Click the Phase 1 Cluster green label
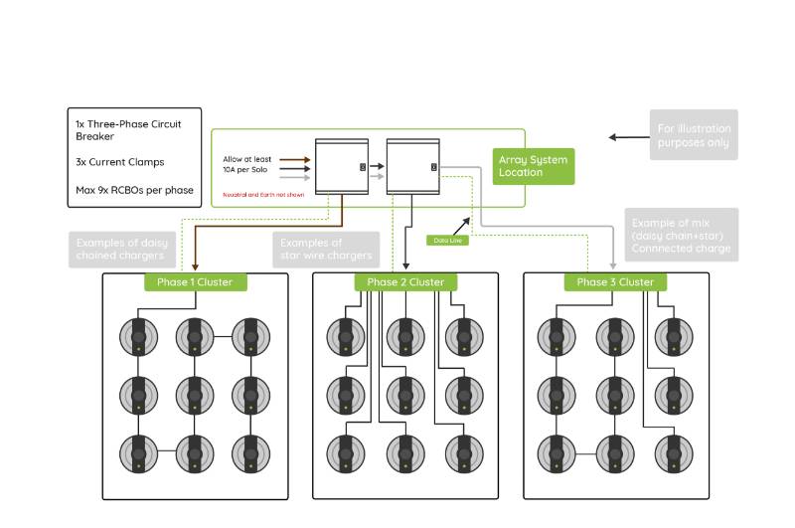[x=195, y=282]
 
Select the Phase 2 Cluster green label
[x=405, y=282]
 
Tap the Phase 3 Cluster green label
[x=615, y=282]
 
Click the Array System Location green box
[x=534, y=166]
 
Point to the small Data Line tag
[x=447, y=240]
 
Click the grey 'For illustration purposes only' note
[x=694, y=135]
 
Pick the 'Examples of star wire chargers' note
[x=326, y=250]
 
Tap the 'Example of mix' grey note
[x=681, y=235]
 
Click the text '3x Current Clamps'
[x=119, y=161]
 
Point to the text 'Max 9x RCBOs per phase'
[x=134, y=190]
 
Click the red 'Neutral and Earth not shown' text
[x=263, y=195]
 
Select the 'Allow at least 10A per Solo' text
[x=245, y=164]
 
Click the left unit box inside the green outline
[x=342, y=166]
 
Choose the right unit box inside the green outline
[x=412, y=166]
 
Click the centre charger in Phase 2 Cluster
[x=405, y=395]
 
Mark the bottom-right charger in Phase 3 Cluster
[x=673, y=452]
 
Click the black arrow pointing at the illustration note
[x=628, y=137]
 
